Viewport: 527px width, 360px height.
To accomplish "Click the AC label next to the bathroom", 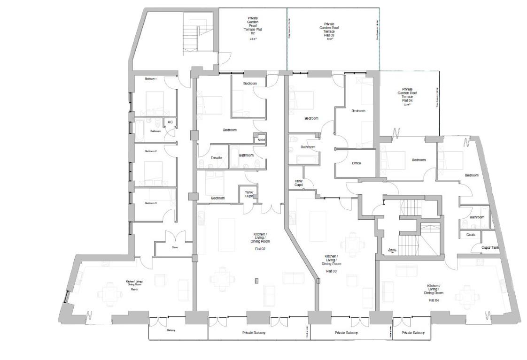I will click(170, 122).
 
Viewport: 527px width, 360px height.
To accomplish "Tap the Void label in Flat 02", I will click(261, 140).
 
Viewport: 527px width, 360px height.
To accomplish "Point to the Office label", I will click(356, 163).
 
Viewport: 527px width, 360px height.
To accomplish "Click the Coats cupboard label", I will click(471, 235).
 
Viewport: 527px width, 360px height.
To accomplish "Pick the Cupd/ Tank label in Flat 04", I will click(489, 247).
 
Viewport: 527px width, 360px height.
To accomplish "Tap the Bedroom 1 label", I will click(151, 78).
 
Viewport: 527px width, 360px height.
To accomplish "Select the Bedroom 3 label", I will click(151, 203).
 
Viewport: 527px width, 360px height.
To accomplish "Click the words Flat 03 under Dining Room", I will click(332, 271).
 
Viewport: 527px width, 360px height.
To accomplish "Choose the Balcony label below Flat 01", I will click(170, 330).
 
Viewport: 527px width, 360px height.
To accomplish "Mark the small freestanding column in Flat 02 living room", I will click(256, 281).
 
